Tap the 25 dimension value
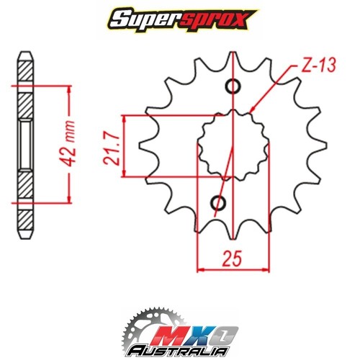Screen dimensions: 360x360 click(233, 257)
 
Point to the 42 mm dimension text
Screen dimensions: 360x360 click(72, 144)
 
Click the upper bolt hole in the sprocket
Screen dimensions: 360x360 click(233, 88)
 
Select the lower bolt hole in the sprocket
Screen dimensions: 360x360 click(217, 204)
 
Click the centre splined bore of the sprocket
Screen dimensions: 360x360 click(233, 144)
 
